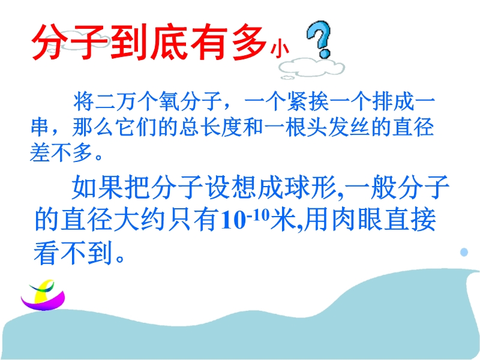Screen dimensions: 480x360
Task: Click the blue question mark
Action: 320,38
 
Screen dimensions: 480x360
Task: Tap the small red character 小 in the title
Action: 279,50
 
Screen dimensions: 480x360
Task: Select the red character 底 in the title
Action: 169,42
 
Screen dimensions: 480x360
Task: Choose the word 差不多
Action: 61,152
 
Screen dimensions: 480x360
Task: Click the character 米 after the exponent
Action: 283,220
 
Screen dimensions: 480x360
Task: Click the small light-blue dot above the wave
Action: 464,252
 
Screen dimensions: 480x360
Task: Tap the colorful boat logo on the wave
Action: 43,295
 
